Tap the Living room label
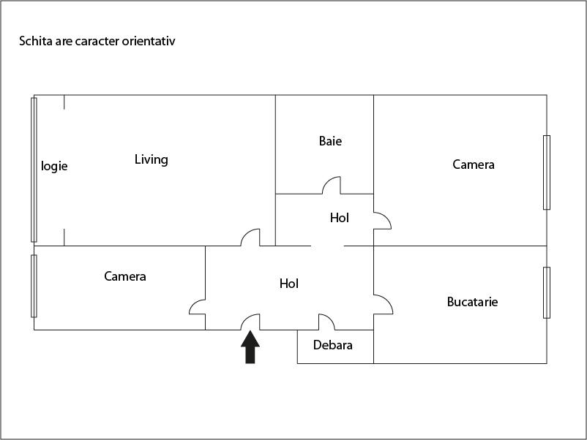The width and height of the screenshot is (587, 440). click(152, 159)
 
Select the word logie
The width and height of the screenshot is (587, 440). click(54, 166)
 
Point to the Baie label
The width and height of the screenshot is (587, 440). click(330, 141)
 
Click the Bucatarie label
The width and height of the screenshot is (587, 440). click(472, 301)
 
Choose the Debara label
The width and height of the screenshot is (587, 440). click(333, 345)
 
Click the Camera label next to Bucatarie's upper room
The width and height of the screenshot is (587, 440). click(474, 164)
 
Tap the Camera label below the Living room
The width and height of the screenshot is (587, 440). click(125, 276)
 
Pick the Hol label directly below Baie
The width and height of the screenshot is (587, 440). click(340, 218)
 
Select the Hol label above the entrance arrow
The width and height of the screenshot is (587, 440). click(289, 284)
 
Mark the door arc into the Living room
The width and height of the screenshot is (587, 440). click(251, 236)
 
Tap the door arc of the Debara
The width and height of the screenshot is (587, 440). click(326, 321)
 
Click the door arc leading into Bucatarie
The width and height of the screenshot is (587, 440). click(383, 304)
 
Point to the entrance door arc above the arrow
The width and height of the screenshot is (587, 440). click(251, 321)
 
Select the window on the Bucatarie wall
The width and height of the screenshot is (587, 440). click(546, 292)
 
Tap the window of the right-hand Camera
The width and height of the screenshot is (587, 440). click(546, 172)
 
